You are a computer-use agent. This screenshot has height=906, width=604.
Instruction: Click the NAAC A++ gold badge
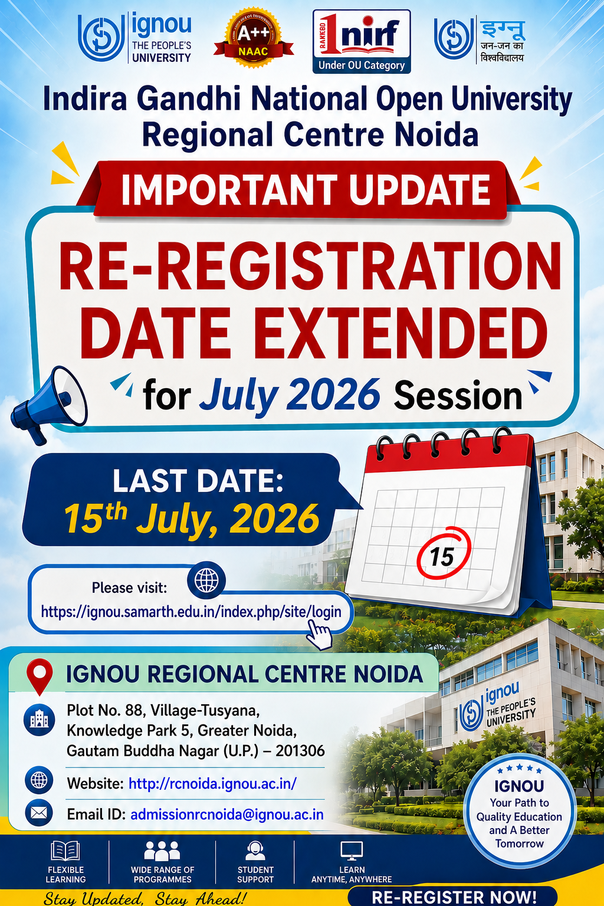[253, 38]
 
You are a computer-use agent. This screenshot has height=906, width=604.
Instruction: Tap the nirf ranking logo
[362, 41]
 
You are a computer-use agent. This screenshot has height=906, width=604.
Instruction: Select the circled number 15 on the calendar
[444, 553]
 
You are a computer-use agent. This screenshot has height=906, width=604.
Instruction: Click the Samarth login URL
[191, 612]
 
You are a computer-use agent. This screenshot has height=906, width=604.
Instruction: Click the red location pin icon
[40, 677]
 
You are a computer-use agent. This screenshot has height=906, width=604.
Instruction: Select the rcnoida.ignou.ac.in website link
[212, 783]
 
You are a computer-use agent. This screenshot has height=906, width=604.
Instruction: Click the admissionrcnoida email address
[227, 814]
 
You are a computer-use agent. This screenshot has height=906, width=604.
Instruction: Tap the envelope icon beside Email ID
[39, 813]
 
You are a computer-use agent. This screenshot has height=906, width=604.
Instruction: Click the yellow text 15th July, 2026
[192, 518]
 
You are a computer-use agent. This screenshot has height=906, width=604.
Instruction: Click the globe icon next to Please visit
[206, 580]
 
